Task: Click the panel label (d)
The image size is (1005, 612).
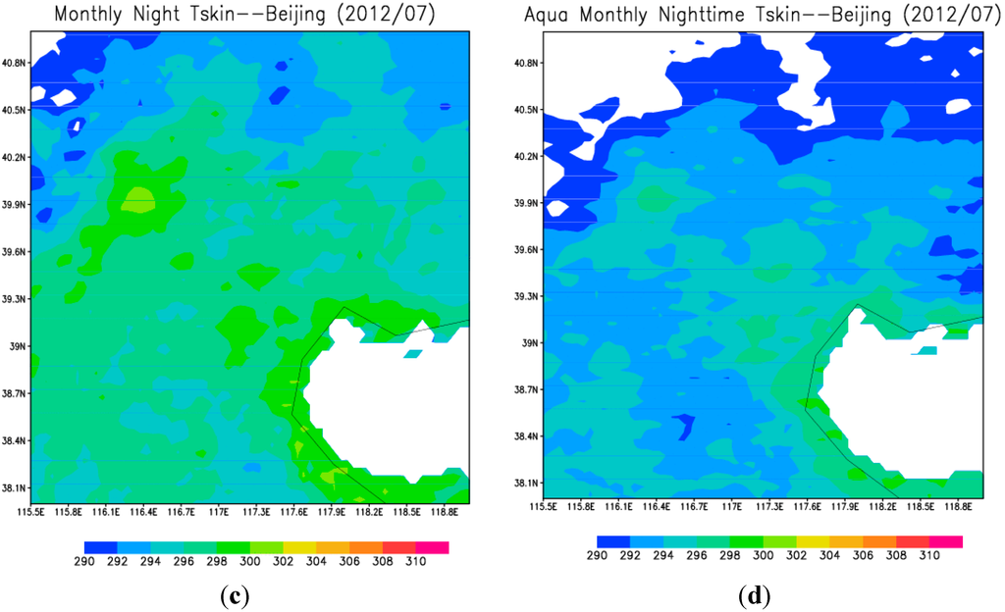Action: (x=755, y=594)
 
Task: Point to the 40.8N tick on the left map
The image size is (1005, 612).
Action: (x=15, y=63)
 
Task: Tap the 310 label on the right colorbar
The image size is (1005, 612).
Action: (x=928, y=555)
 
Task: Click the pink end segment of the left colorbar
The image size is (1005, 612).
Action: (x=433, y=547)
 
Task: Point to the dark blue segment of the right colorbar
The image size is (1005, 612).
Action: (x=613, y=540)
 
